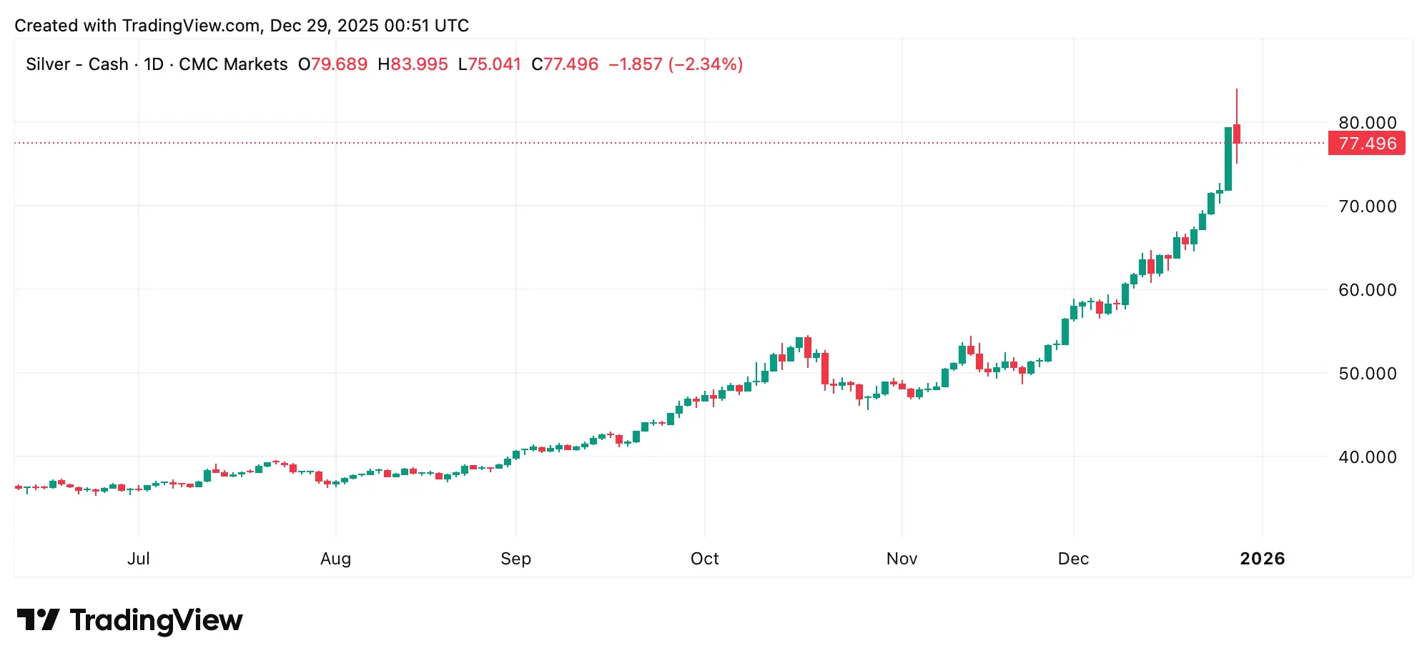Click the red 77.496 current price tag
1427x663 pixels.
tap(1366, 144)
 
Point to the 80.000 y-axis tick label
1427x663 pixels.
tap(1367, 122)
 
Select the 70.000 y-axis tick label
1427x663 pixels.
tap(1367, 206)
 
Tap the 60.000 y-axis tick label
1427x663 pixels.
tap(1367, 290)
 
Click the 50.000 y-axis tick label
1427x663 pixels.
tap(1367, 374)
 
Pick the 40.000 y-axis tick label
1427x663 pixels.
tap(1367, 457)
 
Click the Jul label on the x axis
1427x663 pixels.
tap(139, 559)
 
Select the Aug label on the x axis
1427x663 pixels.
tap(335, 559)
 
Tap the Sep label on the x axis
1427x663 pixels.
tap(515, 559)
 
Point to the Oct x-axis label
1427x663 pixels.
tap(704, 559)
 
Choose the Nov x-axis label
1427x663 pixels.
tap(902, 559)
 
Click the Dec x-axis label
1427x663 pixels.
tap(1073, 559)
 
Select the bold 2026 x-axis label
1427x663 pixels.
tap(1262, 559)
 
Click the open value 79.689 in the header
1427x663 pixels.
tap(339, 64)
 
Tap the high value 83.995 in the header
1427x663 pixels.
tap(419, 64)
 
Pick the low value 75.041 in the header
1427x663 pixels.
tap(494, 64)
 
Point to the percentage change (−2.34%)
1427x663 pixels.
tap(706, 64)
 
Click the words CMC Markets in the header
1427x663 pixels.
tap(233, 64)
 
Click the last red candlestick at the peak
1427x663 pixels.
tap(1237, 134)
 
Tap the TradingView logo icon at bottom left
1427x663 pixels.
tap(38, 619)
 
